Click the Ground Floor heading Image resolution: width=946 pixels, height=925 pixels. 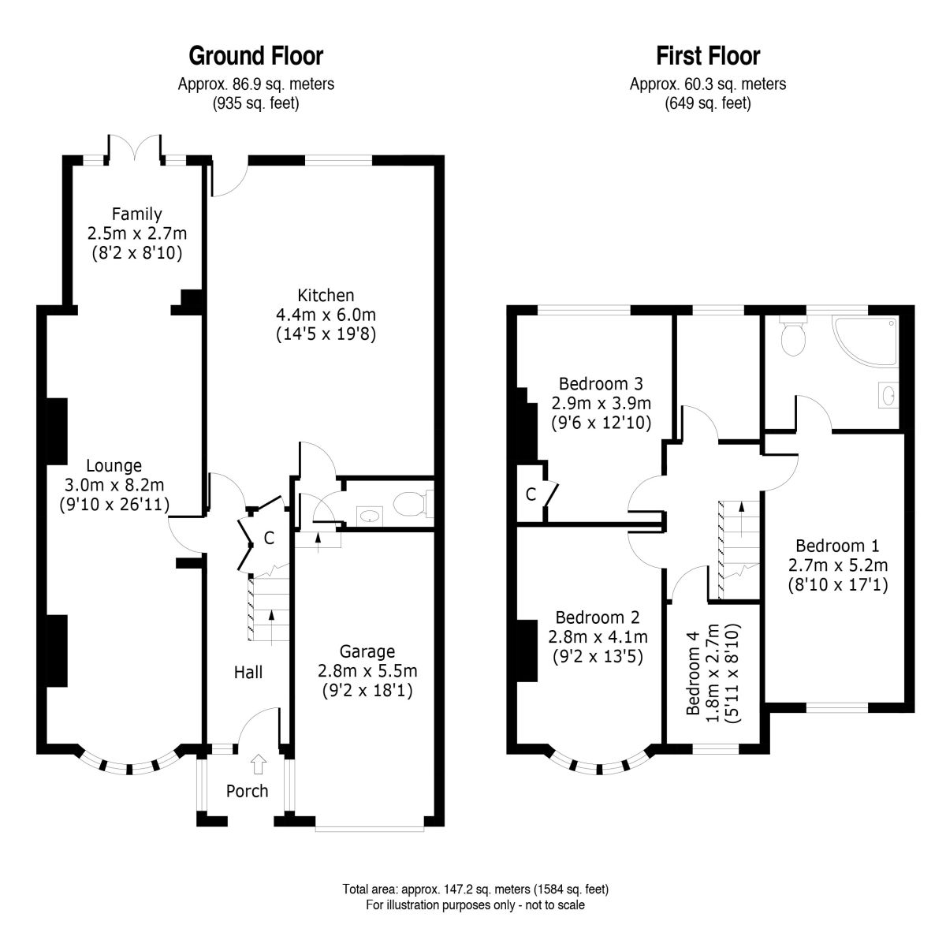255,56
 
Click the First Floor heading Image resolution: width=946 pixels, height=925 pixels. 708,56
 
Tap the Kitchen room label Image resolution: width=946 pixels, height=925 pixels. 326,295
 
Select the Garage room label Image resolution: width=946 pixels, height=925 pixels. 367,651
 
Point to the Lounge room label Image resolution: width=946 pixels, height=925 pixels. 114,465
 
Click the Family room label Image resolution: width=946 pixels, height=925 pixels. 136,214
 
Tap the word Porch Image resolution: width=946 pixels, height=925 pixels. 247,791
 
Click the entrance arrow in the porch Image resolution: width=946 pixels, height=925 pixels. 259,763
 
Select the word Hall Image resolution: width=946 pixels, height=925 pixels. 248,672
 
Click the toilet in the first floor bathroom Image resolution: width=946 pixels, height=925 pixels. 793,335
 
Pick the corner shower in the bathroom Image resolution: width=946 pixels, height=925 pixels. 864,341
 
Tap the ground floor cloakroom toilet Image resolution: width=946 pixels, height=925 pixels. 413,503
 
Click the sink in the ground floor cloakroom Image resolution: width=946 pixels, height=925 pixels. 370,516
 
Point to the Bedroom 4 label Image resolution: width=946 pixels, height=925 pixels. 693,673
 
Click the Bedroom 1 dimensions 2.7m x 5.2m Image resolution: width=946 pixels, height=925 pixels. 837,565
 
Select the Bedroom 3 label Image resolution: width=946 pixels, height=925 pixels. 601,384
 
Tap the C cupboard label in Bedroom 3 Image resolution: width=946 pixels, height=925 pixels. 531,494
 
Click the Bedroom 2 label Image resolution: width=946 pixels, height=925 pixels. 598,617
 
